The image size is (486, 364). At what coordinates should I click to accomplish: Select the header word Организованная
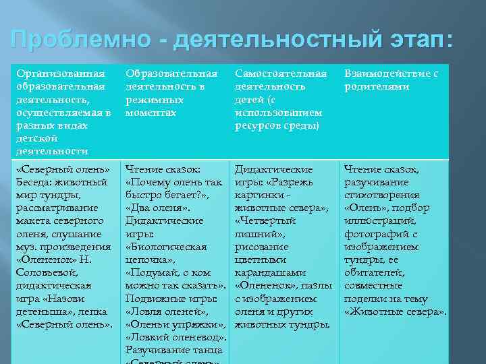pyautogui.click(x=61, y=73)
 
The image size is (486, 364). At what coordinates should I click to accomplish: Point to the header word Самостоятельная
pyautogui.click(x=280, y=73)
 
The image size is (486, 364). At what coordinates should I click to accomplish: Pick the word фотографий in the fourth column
pyautogui.click(x=375, y=234)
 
